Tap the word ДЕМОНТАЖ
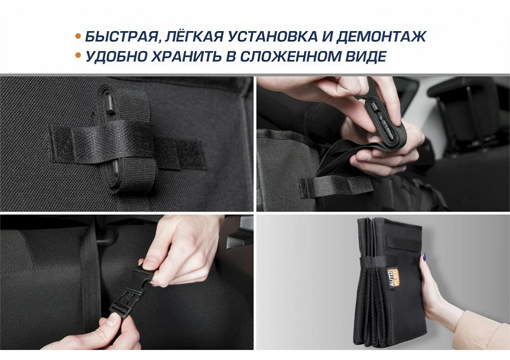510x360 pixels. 381,36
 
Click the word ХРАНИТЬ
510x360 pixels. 182,56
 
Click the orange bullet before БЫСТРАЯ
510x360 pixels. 78,36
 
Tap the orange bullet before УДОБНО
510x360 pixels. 78,56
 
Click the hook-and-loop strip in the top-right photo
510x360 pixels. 336,187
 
